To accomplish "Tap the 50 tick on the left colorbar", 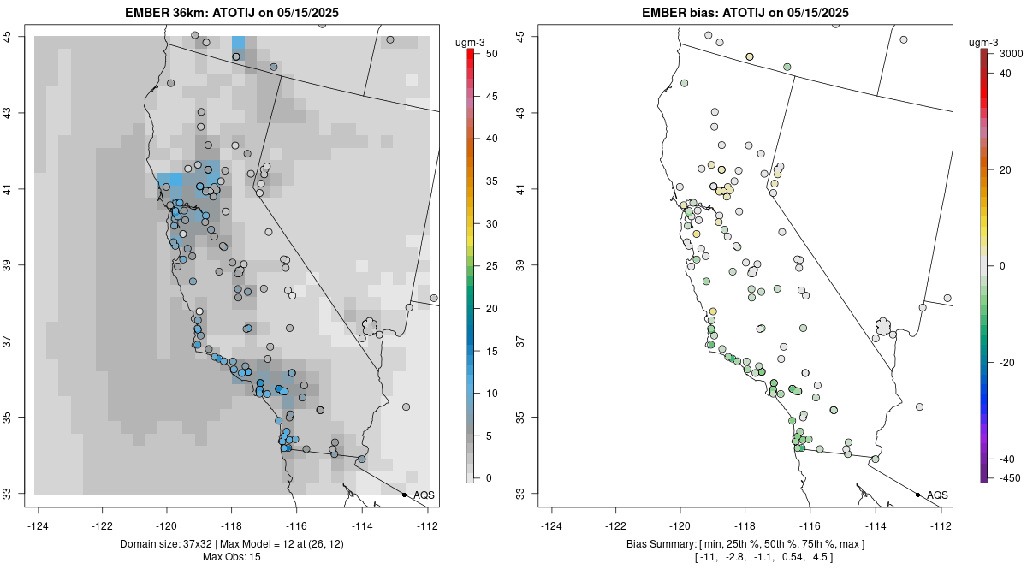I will click(486, 54).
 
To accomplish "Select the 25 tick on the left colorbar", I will click(486, 266).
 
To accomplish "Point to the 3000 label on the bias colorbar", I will click(1011, 54).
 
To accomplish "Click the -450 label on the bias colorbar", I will click(1008, 478).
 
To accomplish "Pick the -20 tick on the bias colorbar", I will click(1007, 362).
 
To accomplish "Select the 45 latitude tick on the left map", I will click(15, 36).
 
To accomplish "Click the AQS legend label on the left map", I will click(424, 495).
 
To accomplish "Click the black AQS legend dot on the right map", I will click(917, 495).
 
